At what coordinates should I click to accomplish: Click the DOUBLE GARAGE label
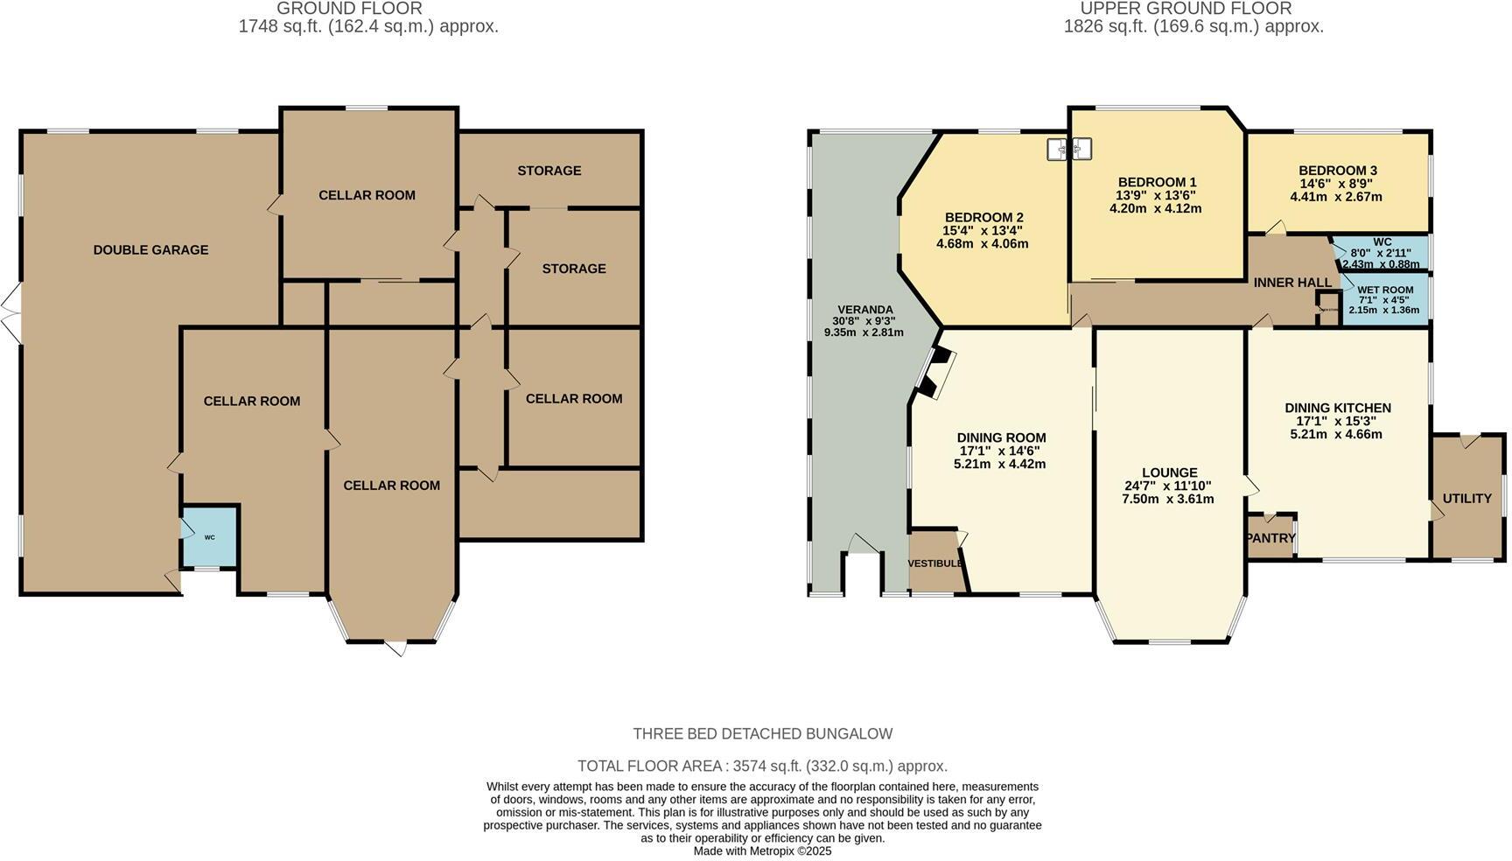tap(150, 249)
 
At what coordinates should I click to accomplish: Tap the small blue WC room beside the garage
tap(209, 536)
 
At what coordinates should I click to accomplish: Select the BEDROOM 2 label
tap(983, 217)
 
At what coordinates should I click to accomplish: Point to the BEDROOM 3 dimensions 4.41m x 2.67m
tap(1335, 197)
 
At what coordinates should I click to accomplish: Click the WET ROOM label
tap(1385, 290)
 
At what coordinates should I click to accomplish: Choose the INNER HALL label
tap(1291, 282)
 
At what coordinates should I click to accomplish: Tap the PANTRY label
tap(1270, 538)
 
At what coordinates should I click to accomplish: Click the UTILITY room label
tap(1466, 498)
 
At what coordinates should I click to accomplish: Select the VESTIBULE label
tap(934, 563)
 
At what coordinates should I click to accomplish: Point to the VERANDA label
tap(864, 309)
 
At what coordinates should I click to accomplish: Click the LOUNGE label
tap(1169, 472)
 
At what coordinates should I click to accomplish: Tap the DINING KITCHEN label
tap(1337, 408)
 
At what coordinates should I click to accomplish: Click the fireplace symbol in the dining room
tap(934, 373)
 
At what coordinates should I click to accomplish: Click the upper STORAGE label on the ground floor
tap(549, 170)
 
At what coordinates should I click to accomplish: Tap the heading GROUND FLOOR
tap(349, 9)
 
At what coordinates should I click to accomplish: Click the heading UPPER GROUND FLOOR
tap(1186, 9)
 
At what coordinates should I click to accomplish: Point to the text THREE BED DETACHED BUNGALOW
tap(762, 733)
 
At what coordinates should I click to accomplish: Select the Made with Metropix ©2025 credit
tap(762, 850)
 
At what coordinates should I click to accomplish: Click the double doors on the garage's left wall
tap(10, 313)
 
